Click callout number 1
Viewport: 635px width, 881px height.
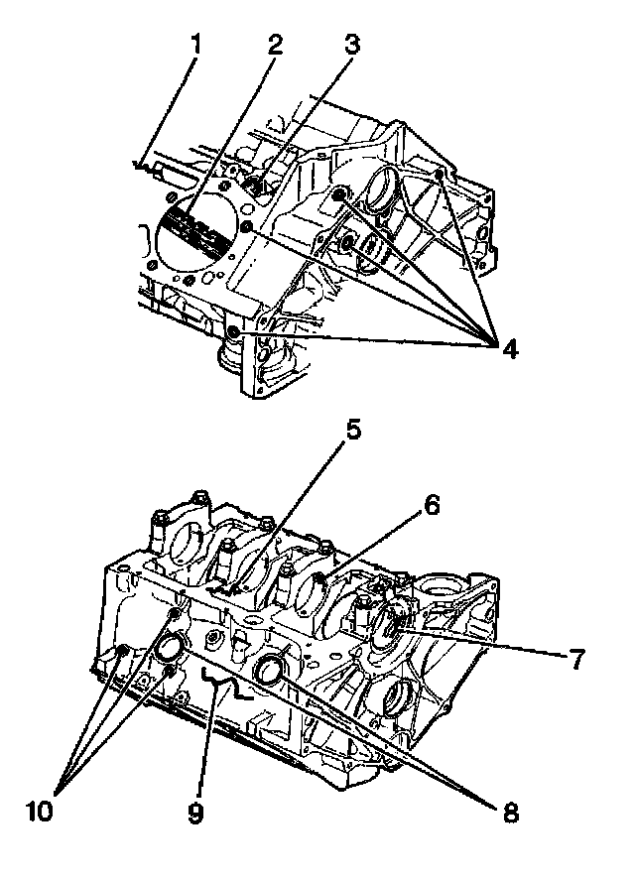point(195,46)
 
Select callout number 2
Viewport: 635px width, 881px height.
point(274,45)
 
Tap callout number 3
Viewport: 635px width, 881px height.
point(350,44)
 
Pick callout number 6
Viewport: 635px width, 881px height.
point(431,504)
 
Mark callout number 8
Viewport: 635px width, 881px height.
point(510,814)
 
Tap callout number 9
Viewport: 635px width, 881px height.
point(194,814)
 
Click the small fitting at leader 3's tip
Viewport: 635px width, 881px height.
point(252,185)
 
